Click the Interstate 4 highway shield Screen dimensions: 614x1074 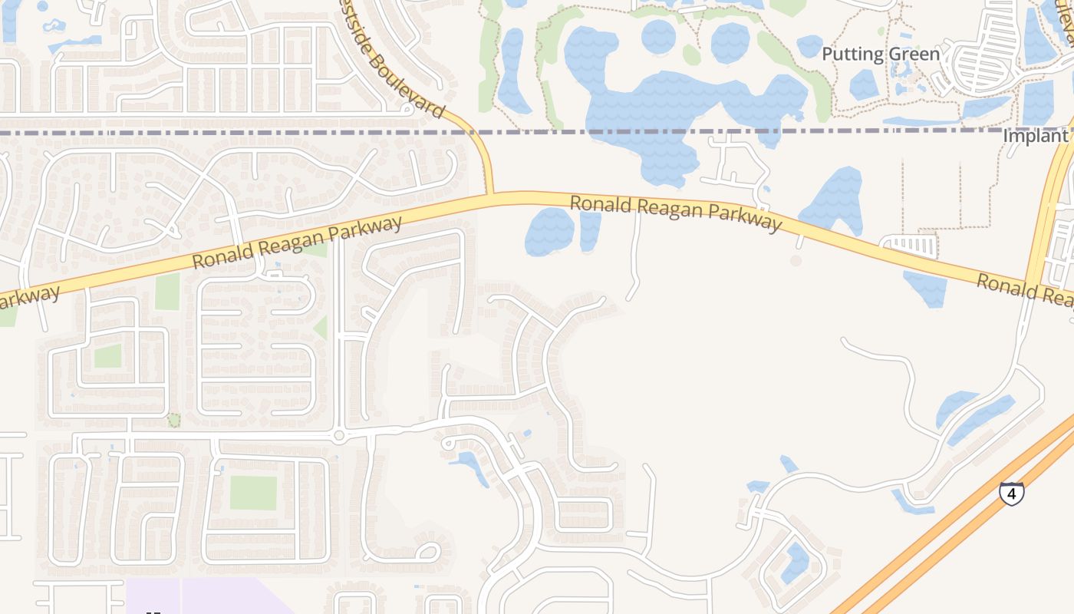[x=1011, y=493]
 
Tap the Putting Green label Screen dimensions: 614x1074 [x=880, y=54]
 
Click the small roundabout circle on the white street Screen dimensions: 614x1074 [x=338, y=436]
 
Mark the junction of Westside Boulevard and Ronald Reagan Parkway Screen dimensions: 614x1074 [x=489, y=197]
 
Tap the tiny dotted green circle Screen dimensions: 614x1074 [x=174, y=420]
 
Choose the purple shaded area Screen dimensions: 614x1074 [x=207, y=597]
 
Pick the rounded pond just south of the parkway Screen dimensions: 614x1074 [x=549, y=230]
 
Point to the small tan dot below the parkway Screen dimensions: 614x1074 [x=796, y=261]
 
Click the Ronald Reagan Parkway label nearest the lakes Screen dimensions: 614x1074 [x=675, y=212]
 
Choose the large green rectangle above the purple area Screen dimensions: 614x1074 [x=253, y=493]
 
